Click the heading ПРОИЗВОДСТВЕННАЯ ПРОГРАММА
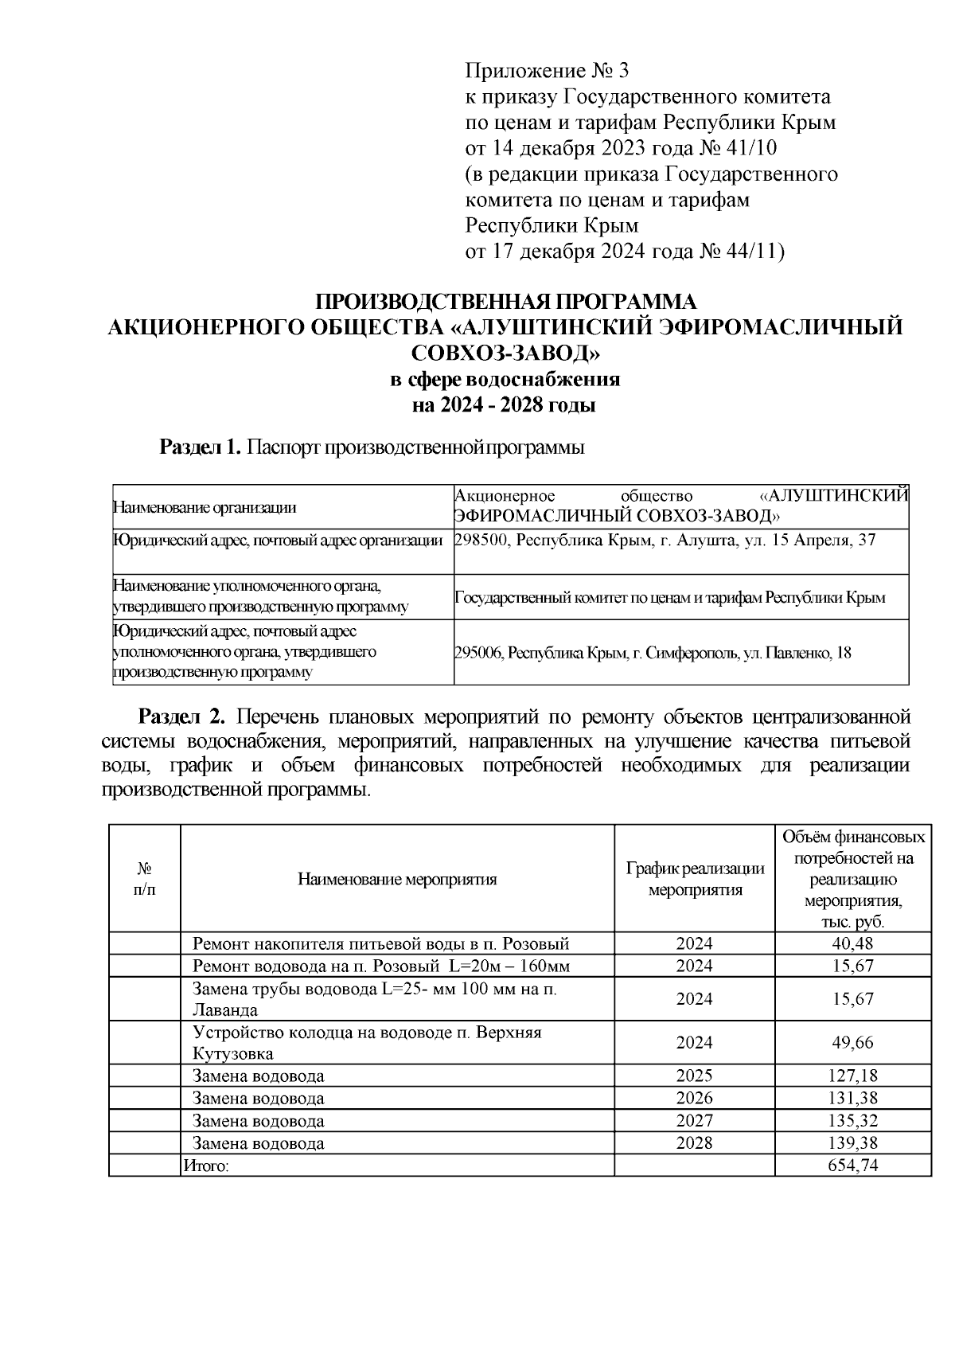506,303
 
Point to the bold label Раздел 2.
182,716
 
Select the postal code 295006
477,654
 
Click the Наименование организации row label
205,506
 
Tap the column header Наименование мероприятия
397,879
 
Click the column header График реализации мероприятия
694,879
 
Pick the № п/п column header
145,879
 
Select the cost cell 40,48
853,943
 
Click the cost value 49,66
853,1043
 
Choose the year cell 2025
694,1076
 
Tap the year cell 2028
694,1143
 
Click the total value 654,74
853,1166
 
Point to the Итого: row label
206,1166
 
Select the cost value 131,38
853,1099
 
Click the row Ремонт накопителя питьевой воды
381,944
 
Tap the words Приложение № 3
547,72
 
